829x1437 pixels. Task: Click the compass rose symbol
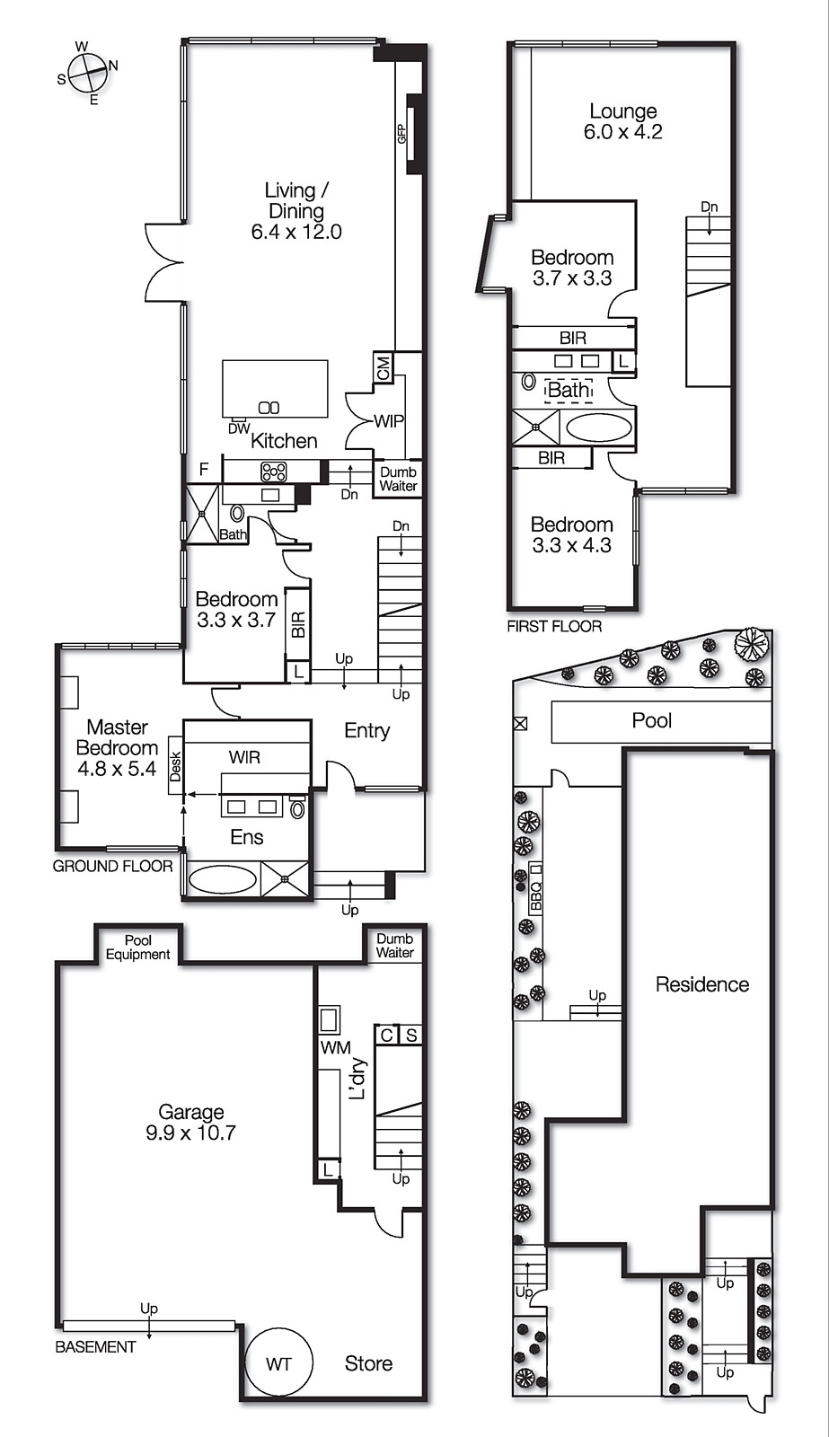[87, 72]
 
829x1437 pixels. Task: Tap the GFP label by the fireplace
[402, 134]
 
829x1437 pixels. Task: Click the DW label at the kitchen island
[239, 429]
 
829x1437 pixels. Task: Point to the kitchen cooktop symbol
[273, 472]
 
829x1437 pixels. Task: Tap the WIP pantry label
[389, 420]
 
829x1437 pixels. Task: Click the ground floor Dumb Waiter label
[398, 479]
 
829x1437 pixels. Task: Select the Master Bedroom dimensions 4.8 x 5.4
[117, 769]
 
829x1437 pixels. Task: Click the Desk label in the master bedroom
[176, 767]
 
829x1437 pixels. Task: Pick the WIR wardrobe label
[244, 757]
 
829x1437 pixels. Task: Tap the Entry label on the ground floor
[367, 731]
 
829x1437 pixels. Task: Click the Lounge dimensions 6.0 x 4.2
[622, 132]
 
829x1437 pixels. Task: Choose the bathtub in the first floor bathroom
[599, 428]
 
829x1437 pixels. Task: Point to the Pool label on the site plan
[652, 720]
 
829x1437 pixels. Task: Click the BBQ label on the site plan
[536, 897]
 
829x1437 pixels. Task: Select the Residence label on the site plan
[702, 984]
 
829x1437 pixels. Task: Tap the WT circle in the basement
[278, 1363]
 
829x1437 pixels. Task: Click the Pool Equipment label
[137, 948]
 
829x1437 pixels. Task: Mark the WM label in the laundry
[335, 1047]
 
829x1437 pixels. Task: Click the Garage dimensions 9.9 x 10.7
[190, 1133]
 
